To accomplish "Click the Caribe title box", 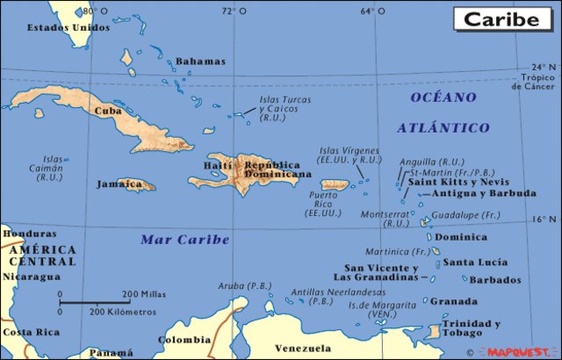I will click(x=501, y=18).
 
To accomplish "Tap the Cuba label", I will click(x=107, y=111).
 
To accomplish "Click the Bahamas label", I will click(x=200, y=61).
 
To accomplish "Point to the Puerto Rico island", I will click(x=336, y=185).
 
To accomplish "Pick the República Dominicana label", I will click(x=278, y=169).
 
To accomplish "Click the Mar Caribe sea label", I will click(x=185, y=239).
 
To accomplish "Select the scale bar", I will click(x=96, y=303).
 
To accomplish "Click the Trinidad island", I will click(x=432, y=332).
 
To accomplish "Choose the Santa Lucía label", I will click(x=475, y=262).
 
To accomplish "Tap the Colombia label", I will click(x=184, y=339).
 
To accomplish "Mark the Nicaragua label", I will click(x=32, y=277).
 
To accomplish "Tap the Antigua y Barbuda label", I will click(x=485, y=193).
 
